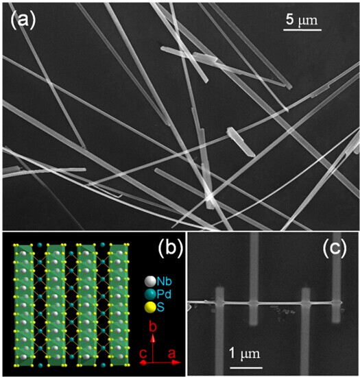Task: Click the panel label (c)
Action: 335,247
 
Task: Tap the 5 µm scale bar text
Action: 302,20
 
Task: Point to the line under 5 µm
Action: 302,29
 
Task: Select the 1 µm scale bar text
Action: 245,354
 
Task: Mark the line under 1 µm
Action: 246,367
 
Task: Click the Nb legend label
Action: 165,281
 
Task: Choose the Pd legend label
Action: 165,294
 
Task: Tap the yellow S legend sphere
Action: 150,308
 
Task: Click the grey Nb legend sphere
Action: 150,281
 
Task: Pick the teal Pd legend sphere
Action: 150,294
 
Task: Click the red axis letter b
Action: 153,327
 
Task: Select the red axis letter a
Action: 171,354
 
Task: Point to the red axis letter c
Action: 143,354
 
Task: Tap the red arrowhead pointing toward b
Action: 152,338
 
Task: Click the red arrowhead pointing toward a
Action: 177,362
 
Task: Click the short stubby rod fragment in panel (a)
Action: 240,142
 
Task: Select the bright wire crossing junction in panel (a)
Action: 210,197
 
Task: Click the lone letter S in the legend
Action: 160,307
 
